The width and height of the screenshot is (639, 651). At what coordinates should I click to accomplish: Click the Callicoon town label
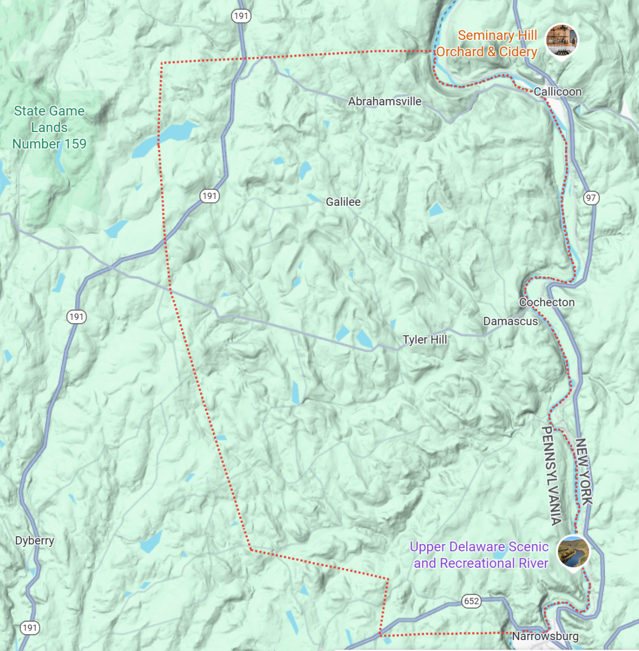point(557,92)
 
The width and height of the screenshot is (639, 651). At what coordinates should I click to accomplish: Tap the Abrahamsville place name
point(384,102)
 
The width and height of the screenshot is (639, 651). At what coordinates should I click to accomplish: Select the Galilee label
point(343,202)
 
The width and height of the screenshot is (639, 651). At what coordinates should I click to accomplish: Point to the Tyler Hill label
point(424,340)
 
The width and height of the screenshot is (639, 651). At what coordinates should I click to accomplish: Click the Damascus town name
point(510,321)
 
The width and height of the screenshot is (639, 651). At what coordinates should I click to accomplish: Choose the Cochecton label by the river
point(547,302)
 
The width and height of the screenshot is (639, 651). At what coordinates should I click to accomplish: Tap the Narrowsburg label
point(545,637)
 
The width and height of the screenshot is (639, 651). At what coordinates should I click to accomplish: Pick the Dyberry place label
point(34,541)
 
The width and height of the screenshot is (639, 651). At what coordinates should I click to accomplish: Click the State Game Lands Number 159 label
point(49,127)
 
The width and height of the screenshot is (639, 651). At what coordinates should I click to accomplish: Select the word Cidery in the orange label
point(518,52)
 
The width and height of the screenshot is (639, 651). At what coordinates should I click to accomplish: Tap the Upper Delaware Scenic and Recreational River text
point(480,555)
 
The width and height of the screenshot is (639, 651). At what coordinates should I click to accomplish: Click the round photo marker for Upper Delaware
point(573,552)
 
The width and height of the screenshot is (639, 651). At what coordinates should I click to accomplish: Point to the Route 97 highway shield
point(591,198)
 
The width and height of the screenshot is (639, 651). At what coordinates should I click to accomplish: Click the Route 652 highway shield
point(471,601)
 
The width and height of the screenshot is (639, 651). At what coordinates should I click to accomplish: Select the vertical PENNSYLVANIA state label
point(551,476)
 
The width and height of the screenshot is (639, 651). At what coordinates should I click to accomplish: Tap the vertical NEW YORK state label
point(584,472)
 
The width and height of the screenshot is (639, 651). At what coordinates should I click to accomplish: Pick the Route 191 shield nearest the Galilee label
point(209,196)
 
